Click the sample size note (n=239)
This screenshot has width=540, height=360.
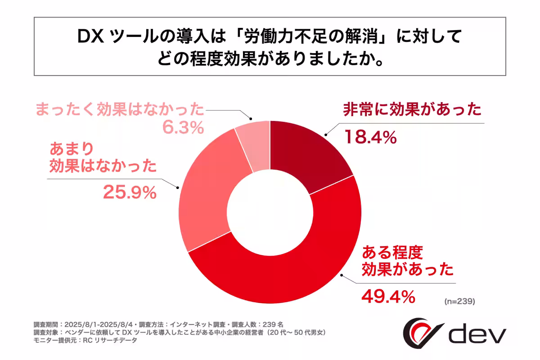coord(459,301)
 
